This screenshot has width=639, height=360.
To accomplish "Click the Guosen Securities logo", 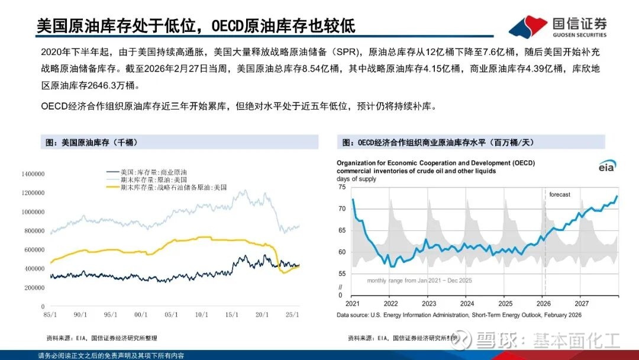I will [x=557, y=26].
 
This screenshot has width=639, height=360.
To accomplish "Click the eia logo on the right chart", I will [x=606, y=166].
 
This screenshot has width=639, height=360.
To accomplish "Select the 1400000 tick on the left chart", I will [x=33, y=174].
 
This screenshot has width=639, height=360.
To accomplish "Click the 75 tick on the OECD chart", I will [x=341, y=187].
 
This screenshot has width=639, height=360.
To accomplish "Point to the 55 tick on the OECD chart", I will [x=341, y=274].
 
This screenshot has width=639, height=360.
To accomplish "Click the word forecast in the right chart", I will [x=560, y=195].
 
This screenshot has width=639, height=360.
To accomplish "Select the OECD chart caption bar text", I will [x=438, y=143].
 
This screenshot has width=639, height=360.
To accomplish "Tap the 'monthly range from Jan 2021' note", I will [x=419, y=281].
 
